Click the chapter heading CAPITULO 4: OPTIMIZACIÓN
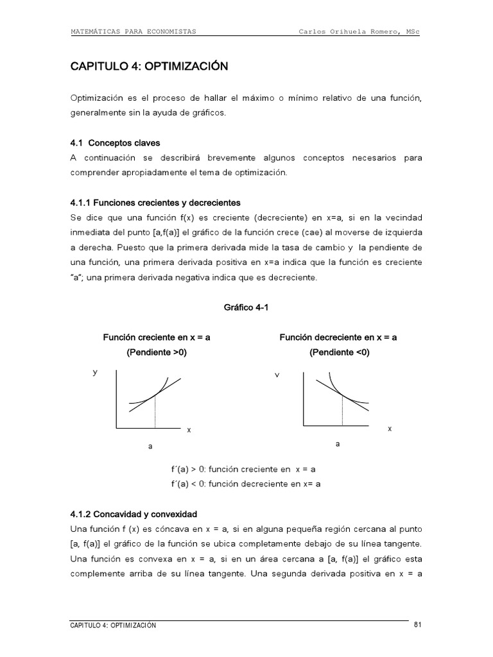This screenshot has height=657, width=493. pyautogui.click(x=149, y=66)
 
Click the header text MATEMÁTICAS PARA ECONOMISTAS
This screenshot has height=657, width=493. pyautogui.click(x=133, y=31)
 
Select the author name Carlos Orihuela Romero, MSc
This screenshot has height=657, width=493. pyautogui.click(x=359, y=31)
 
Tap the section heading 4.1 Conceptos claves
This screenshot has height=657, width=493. pyautogui.click(x=115, y=143)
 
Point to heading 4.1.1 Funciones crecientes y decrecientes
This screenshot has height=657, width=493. pyautogui.click(x=155, y=203)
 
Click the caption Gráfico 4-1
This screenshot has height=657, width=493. pyautogui.click(x=245, y=307)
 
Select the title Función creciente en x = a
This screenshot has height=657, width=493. pyautogui.click(x=157, y=337)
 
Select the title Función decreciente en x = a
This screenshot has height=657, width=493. pyautogui.click(x=338, y=337)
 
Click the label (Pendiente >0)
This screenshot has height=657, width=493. pyautogui.click(x=157, y=352)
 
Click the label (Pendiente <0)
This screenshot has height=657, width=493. pyautogui.click(x=339, y=352)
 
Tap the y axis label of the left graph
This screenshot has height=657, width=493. pyautogui.click(x=95, y=372)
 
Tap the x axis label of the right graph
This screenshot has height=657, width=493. pyautogui.click(x=390, y=429)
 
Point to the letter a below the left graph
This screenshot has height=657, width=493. pyautogui.click(x=150, y=446)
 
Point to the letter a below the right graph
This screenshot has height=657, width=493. pyautogui.click(x=337, y=443)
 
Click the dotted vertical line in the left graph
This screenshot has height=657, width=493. pyautogui.click(x=155, y=413)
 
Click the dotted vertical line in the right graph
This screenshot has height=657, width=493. pyautogui.click(x=343, y=410)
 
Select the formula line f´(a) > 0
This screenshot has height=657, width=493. pyautogui.click(x=243, y=469)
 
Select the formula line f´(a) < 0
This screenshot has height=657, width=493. pyautogui.click(x=245, y=484)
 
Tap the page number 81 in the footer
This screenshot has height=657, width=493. pyautogui.click(x=417, y=624)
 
